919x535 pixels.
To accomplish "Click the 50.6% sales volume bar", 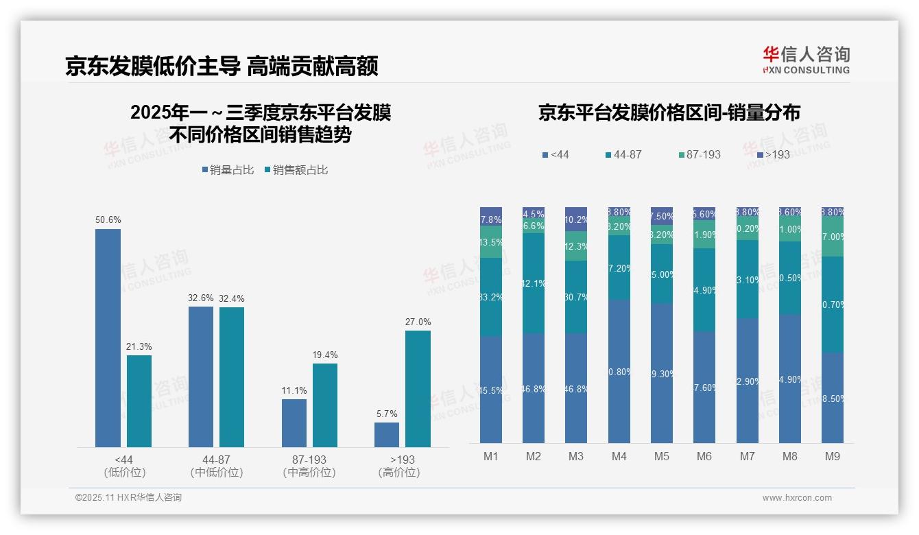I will pyautogui.click(x=108, y=337).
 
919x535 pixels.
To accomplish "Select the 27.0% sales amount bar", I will pyautogui.click(x=418, y=389).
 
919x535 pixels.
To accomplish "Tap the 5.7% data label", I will pyautogui.click(x=387, y=414).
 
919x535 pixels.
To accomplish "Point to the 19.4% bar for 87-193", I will pyautogui.click(x=325, y=405).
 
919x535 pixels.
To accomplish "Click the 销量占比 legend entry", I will pyautogui.click(x=230, y=170).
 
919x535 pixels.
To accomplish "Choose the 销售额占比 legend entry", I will pyautogui.click(x=296, y=170).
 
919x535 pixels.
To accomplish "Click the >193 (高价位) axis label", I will pyautogui.click(x=398, y=466).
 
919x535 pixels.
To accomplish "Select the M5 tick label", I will pyautogui.click(x=661, y=456).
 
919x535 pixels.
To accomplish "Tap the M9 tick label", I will pyautogui.click(x=832, y=456).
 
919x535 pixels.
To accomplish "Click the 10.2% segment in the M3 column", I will pyautogui.click(x=576, y=219).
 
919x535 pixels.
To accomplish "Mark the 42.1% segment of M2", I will pyautogui.click(x=534, y=283).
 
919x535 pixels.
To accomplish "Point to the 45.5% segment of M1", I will pyautogui.click(x=491, y=390).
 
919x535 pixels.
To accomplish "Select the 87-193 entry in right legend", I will pyautogui.click(x=699, y=155).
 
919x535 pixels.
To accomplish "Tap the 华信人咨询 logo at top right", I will pyautogui.click(x=806, y=60).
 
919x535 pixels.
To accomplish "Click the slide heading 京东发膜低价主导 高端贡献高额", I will pyautogui.click(x=222, y=66).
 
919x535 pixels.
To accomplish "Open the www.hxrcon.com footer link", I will pyautogui.click(x=797, y=498).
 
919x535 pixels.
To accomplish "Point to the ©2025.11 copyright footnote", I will pyautogui.click(x=128, y=498).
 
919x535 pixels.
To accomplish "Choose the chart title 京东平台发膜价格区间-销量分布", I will pyautogui.click(x=669, y=113).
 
